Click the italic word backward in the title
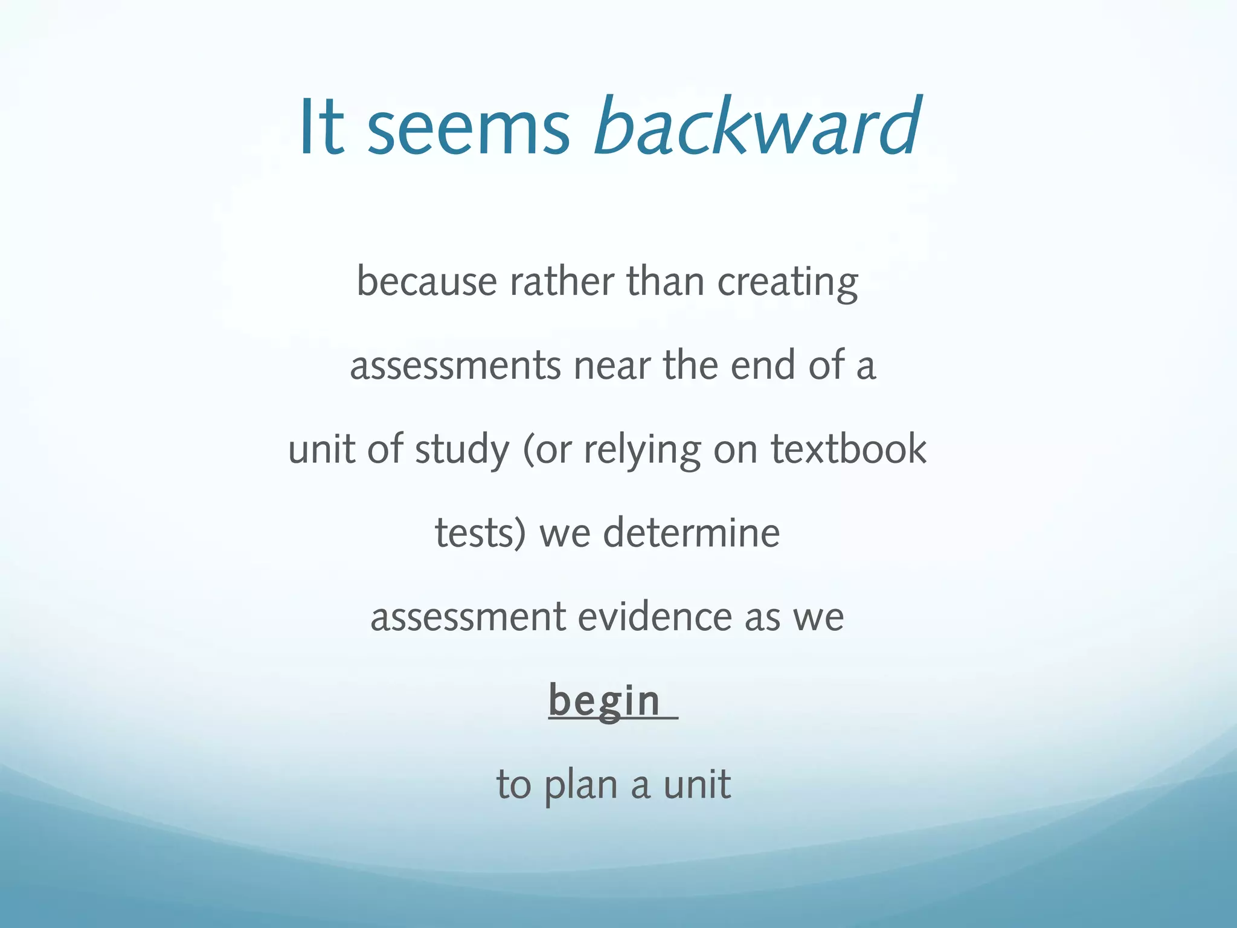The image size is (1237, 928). [x=758, y=127]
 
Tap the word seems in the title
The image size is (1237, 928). [x=468, y=130]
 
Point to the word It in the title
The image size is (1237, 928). [x=321, y=127]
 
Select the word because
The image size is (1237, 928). [x=426, y=282]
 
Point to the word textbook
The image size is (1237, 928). [x=849, y=449]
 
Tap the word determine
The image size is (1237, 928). [x=692, y=533]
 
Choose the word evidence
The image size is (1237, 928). [x=655, y=617]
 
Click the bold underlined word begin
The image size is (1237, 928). [x=604, y=701]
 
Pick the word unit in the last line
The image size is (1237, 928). [x=697, y=784]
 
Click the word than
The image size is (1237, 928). [x=665, y=282]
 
